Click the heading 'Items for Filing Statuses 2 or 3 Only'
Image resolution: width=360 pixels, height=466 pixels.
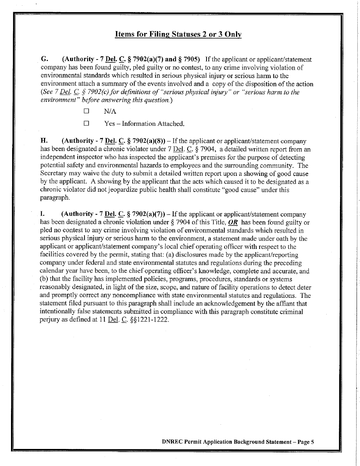tap(178, 34)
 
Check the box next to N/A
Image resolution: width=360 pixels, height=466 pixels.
tap(86, 111)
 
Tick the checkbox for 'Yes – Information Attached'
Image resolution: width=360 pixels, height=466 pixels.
tap(86, 124)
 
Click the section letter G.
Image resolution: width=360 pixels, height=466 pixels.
tap(44, 59)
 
